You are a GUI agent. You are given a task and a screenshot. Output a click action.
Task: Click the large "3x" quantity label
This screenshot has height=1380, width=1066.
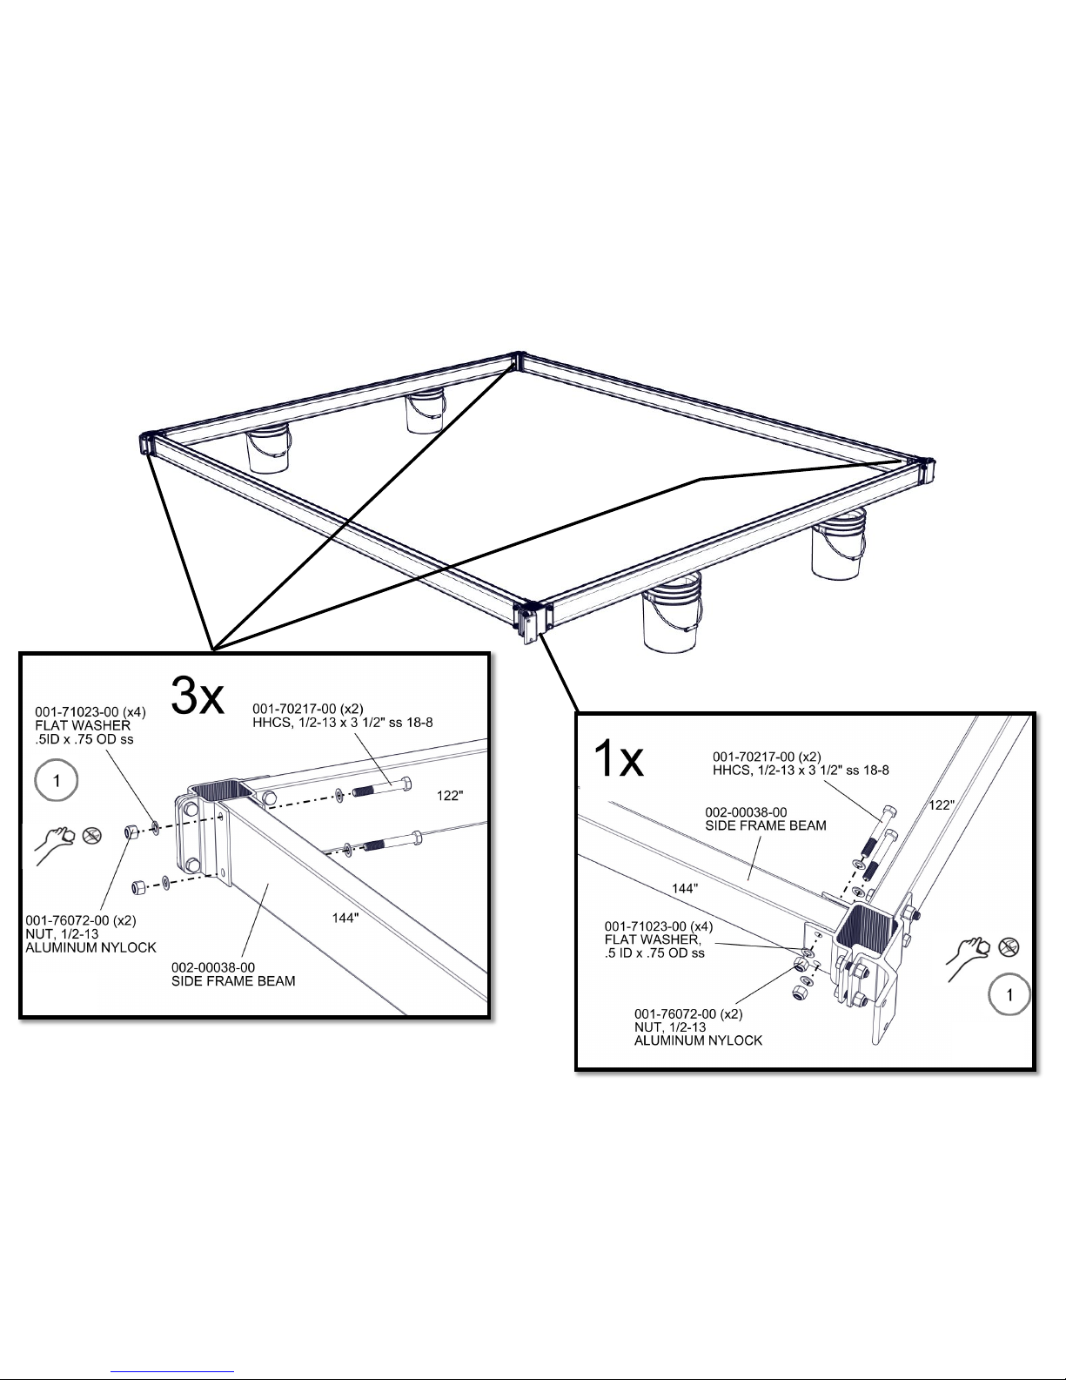(x=198, y=697)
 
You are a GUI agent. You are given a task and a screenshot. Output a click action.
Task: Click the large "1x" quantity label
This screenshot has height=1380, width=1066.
(x=618, y=758)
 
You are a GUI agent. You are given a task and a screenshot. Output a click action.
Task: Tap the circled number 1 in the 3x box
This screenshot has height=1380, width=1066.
(x=56, y=780)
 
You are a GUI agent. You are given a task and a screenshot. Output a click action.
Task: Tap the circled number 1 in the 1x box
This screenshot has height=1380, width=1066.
(x=1009, y=994)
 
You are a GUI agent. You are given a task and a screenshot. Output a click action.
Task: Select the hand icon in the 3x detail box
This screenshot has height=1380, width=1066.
(x=55, y=845)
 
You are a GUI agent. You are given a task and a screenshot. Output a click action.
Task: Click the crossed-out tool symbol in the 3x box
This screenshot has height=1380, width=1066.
(x=92, y=835)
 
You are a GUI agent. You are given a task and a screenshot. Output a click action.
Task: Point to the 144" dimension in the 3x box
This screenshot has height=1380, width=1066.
(x=345, y=918)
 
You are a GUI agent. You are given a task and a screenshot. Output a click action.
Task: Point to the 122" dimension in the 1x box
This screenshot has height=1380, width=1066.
(x=942, y=805)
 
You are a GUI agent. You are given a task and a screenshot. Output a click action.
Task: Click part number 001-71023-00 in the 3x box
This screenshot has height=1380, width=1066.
(x=77, y=712)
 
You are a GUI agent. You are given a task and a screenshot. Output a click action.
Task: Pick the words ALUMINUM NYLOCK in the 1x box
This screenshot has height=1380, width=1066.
(x=698, y=1040)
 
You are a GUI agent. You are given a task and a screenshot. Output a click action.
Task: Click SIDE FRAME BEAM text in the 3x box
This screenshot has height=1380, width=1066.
(x=233, y=981)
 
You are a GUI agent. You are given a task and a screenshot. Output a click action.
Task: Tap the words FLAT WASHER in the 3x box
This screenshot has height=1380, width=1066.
(x=83, y=725)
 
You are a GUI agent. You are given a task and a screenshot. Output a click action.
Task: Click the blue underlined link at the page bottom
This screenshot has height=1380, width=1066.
(x=172, y=1370)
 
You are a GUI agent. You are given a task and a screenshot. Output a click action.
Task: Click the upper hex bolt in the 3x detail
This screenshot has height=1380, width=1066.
(x=381, y=787)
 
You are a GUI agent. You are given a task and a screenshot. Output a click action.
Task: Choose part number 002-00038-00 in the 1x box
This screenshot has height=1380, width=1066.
(x=746, y=812)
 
